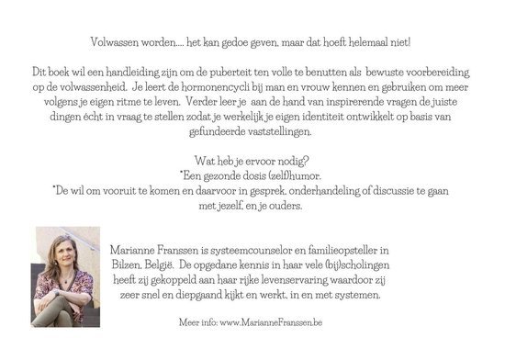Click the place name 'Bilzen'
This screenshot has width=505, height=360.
[x=126, y=265]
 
